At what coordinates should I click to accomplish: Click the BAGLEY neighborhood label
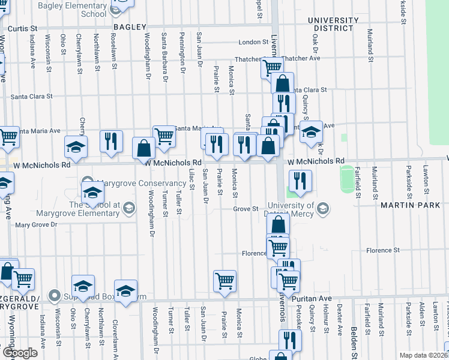129,27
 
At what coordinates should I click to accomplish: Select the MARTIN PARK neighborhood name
410,205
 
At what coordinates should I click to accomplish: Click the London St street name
253,42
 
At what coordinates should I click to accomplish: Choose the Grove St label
246,209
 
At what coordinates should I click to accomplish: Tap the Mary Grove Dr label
35,225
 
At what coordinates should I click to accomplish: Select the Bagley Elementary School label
80,9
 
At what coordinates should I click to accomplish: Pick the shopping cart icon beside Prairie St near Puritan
224,280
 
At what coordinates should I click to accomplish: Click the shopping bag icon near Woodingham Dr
143,148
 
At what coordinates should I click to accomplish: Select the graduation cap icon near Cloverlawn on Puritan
125,291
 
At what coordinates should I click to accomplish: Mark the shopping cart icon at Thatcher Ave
272,68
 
